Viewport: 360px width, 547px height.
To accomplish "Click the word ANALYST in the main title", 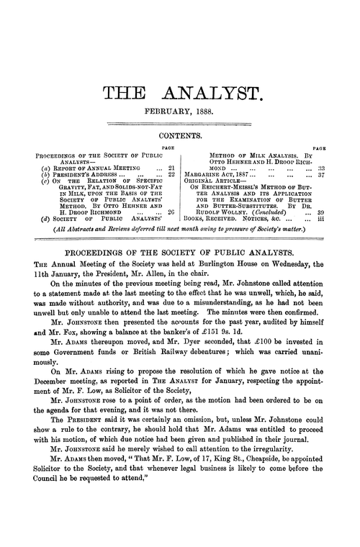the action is coord(217,92).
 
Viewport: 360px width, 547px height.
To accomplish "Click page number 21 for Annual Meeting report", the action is coord(171,166).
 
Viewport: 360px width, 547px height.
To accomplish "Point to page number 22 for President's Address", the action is coord(171,173).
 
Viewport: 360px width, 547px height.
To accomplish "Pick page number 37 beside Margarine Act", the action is coord(320,173).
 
